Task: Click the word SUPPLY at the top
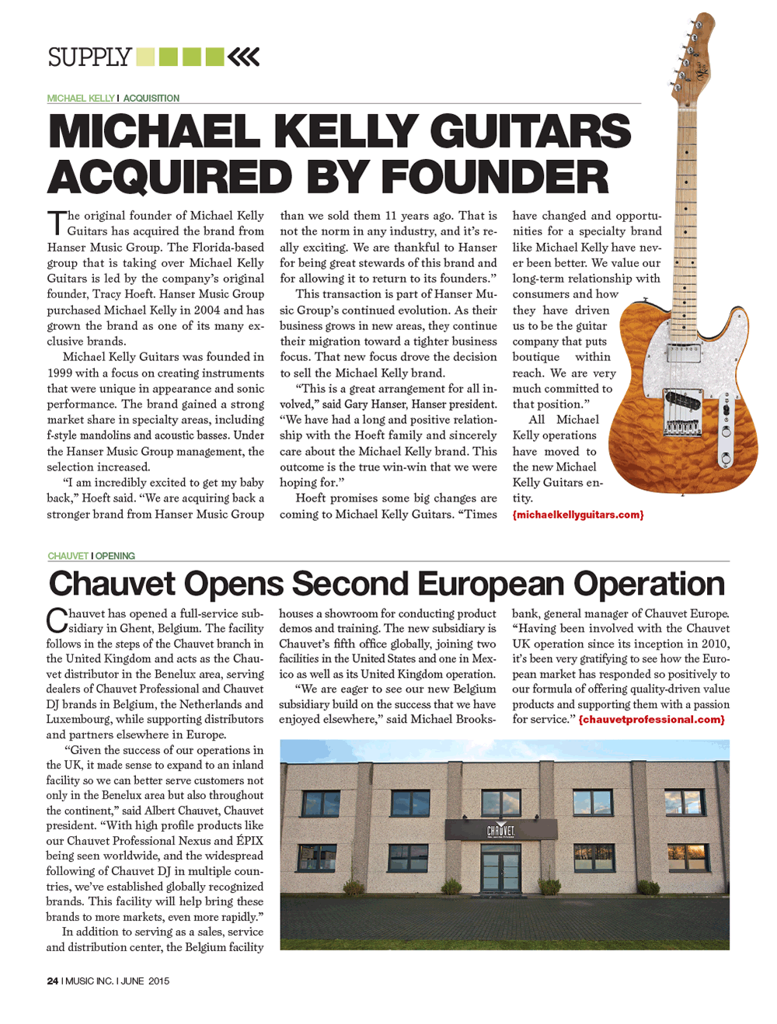pos(89,57)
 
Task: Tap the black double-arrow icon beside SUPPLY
pos(244,57)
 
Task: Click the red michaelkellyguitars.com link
pos(578,515)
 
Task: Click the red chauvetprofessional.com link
pos(651,720)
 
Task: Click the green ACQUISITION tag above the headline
pos(152,99)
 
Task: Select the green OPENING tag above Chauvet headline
pos(116,556)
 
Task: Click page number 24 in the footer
pos(53,981)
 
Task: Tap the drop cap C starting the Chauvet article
pos(56,620)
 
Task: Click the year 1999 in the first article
pos(60,373)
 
